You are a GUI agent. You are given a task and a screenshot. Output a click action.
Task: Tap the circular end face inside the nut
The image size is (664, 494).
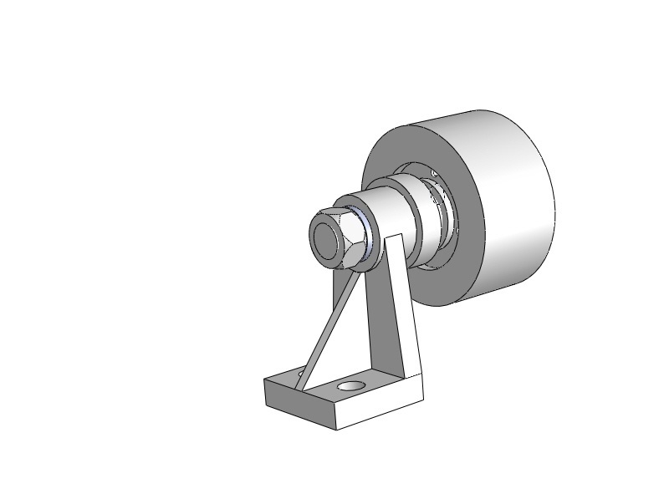point(327,237)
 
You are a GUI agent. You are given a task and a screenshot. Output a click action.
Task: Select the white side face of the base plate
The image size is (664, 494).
point(381,410)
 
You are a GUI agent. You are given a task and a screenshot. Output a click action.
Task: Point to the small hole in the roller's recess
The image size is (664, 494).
point(434,173)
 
